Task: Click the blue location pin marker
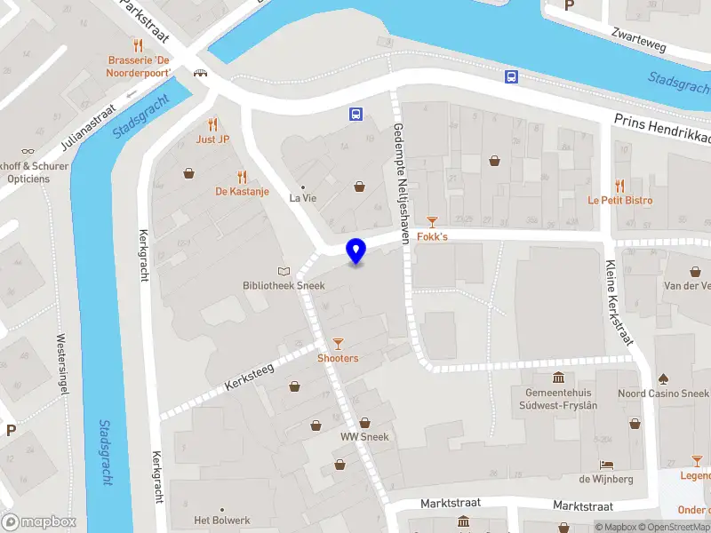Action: (x=356, y=251)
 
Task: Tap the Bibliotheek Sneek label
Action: (x=284, y=285)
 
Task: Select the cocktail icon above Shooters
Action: (x=338, y=343)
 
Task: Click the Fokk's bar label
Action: (x=433, y=237)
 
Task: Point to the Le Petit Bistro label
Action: (x=619, y=200)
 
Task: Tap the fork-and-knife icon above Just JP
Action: (x=212, y=124)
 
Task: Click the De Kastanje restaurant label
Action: (x=242, y=191)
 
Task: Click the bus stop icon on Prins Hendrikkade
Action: (x=511, y=76)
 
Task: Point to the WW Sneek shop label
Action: (x=364, y=436)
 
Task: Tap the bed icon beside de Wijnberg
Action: (x=606, y=465)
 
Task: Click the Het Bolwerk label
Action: (x=222, y=521)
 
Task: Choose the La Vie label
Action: (x=303, y=198)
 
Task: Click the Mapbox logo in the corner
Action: (x=39, y=522)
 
